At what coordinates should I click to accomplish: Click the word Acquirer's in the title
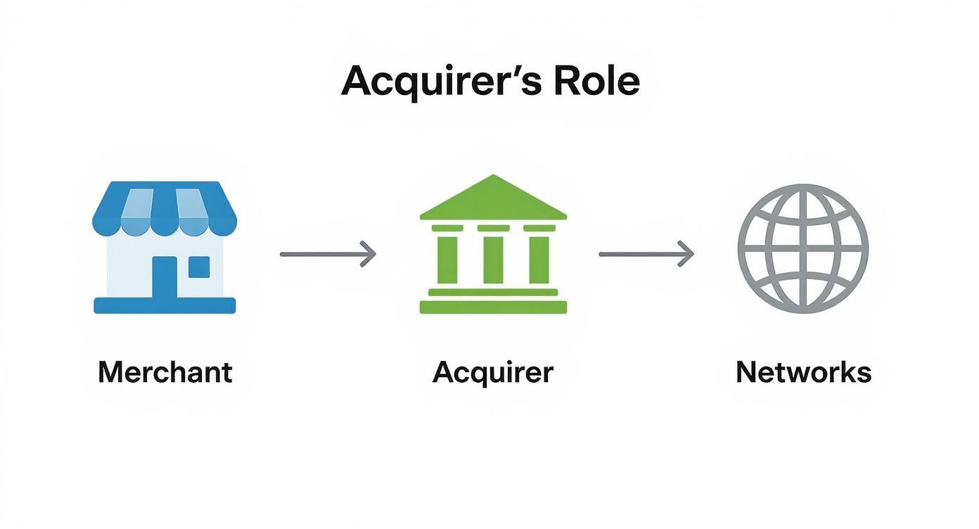(441, 83)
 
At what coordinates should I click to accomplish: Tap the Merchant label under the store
(165, 371)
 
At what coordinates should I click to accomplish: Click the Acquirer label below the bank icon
(493, 372)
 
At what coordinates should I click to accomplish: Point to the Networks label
(803, 371)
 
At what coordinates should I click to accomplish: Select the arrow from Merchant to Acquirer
(328, 254)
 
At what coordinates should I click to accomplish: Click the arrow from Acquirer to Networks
(646, 254)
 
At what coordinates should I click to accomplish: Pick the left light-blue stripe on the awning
(138, 204)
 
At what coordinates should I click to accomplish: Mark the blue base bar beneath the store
(165, 305)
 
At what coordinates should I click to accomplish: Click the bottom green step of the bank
(493, 307)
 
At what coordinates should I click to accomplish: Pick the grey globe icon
(802, 248)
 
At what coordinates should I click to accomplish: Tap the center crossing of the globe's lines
(802, 248)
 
